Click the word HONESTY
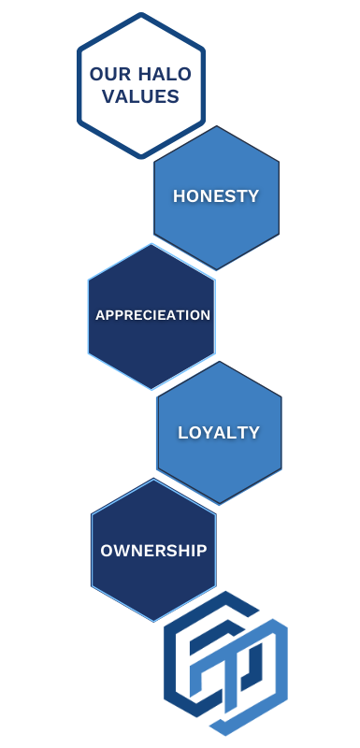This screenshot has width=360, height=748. point(216,196)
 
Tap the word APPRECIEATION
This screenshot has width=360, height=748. point(152,315)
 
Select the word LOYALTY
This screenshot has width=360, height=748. point(219,433)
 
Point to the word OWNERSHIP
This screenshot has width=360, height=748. point(153,551)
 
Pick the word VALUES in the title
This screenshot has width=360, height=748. point(141,97)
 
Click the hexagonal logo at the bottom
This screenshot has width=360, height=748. point(225,663)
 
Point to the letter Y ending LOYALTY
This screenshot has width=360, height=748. point(253,433)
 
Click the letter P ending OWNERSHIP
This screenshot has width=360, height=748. point(201,551)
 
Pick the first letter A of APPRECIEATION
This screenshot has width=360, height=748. point(100,315)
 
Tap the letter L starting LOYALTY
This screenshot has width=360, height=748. point(183,433)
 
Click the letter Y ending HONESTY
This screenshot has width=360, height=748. point(252,196)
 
